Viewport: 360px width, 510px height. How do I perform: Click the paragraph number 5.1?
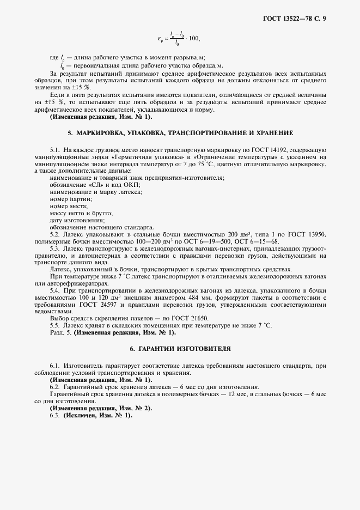click(x=54, y=149)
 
